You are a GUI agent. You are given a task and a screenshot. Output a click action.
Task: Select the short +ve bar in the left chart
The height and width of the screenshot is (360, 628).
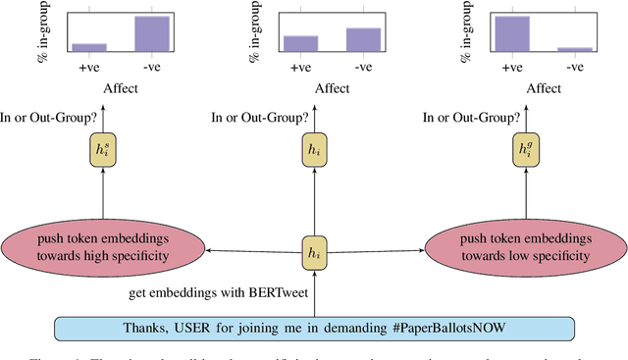[x=88, y=46]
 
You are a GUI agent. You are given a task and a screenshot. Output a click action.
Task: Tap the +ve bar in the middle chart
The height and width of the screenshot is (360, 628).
[x=300, y=43]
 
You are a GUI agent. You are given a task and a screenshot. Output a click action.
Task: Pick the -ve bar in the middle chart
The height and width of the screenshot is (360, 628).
[x=362, y=39]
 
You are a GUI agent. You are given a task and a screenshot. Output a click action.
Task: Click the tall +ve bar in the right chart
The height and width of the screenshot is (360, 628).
[x=511, y=33]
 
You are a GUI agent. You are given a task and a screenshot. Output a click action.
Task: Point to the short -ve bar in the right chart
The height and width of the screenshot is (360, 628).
[x=573, y=49]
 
